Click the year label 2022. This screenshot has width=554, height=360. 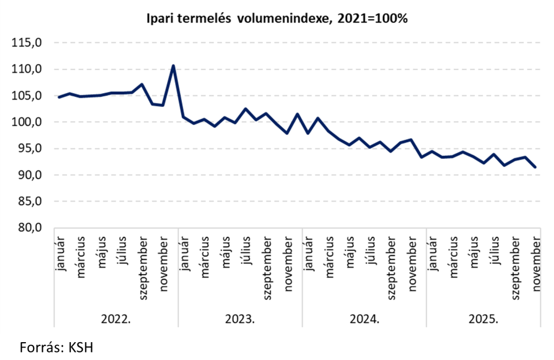[x=116, y=319]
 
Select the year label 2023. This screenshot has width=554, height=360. [x=240, y=319]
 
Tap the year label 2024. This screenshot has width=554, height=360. [x=364, y=319]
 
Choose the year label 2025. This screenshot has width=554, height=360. [x=483, y=319]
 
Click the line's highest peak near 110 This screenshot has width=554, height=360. [x=173, y=66]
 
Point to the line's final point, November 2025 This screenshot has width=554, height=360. [x=535, y=167]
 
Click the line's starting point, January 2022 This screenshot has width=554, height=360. [x=59, y=97]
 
